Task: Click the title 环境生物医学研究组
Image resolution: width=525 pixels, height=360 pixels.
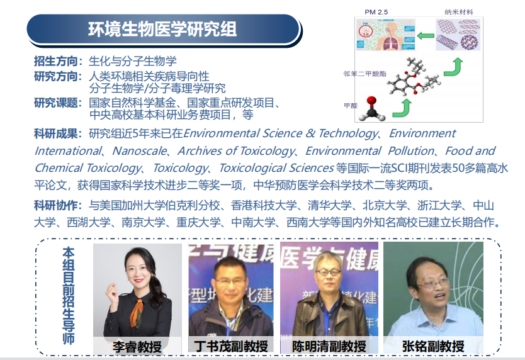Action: coord(162,29)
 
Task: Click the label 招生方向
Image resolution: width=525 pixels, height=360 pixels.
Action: coord(56,61)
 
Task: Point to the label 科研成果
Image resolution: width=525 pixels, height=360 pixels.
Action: coord(56,133)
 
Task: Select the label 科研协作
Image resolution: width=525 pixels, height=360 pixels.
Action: coord(56,205)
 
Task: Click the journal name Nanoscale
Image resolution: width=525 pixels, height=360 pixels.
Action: coord(139,150)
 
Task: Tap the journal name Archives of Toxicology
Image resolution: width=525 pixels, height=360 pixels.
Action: coord(236,152)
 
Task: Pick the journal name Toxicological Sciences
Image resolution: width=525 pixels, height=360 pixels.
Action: coord(276,168)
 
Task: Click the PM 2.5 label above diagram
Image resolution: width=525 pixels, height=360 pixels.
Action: coord(376,12)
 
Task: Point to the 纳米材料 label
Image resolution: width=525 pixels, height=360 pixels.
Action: coord(459,12)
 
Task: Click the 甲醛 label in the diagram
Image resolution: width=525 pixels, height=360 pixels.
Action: coord(351,106)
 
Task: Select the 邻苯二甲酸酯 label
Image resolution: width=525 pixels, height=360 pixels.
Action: coord(364,74)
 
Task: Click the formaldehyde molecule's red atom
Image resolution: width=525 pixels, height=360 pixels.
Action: coord(371,101)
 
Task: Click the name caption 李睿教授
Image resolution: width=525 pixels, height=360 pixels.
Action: coord(137,347)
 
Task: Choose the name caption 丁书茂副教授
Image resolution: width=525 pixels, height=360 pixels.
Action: coord(231,346)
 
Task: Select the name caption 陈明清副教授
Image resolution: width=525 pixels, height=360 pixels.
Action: coord(329,346)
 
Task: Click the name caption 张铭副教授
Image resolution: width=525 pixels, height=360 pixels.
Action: coord(433,346)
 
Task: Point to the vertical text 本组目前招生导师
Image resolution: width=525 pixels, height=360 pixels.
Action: coord(69,296)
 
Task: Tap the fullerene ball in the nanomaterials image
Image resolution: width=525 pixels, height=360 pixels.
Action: coord(469,42)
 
